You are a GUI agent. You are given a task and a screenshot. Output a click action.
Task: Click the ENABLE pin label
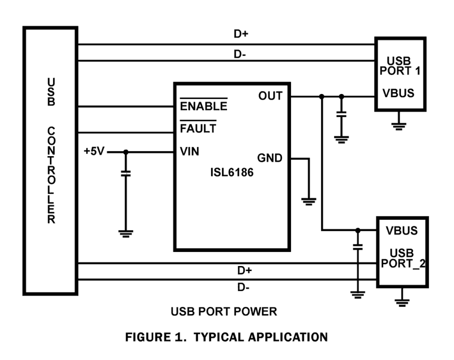pyautogui.click(x=204, y=106)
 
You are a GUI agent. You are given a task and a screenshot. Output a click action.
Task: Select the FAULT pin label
pyautogui.click(x=198, y=128)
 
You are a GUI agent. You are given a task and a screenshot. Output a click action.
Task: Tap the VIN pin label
pyautogui.click(x=189, y=151)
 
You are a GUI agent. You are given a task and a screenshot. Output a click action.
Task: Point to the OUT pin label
pyautogui.click(x=270, y=96)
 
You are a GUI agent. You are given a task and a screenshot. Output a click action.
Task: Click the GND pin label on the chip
pyautogui.click(x=269, y=158)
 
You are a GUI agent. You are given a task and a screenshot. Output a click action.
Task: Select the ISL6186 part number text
pyautogui.click(x=232, y=172)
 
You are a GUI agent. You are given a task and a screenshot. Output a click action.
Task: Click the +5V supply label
pyautogui.click(x=94, y=151)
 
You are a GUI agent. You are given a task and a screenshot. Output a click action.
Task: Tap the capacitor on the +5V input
pyautogui.click(x=126, y=173)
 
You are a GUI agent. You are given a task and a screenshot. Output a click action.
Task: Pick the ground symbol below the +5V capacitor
pyautogui.click(x=126, y=233)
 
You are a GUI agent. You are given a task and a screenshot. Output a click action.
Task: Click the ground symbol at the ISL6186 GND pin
pyautogui.click(x=308, y=201)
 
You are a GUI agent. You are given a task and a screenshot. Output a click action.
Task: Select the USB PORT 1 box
pyautogui.click(x=400, y=74)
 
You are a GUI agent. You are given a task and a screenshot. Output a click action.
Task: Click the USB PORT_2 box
pyautogui.click(x=402, y=252)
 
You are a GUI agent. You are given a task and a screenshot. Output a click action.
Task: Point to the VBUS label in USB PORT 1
pyautogui.click(x=398, y=93)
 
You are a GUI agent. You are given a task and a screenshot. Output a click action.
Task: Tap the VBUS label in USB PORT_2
pyautogui.click(x=401, y=231)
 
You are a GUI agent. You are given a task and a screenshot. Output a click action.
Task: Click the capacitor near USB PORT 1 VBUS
pyautogui.click(x=341, y=115)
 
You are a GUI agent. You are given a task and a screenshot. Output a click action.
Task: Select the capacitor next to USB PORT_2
pyautogui.click(x=357, y=247)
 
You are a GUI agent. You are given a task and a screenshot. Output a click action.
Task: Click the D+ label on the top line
pyautogui.click(x=241, y=34)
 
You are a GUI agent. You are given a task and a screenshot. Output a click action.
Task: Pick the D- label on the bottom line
pyautogui.click(x=243, y=288)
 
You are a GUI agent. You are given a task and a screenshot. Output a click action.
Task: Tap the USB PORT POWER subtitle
pyautogui.click(x=224, y=312)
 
